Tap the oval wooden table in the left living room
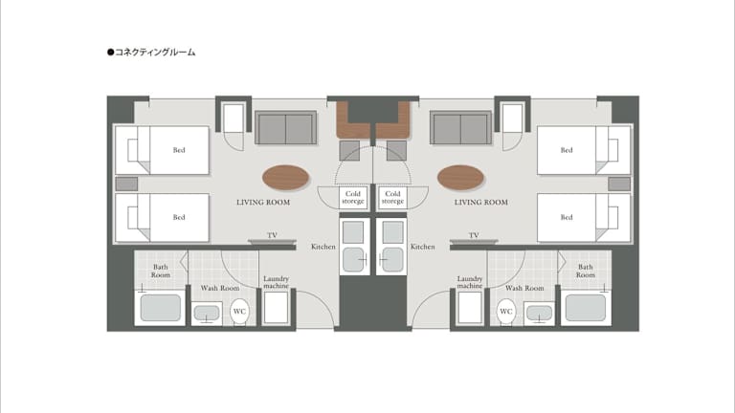pos(285,178)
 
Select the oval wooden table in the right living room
pos(460,178)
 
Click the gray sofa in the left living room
pos(285,127)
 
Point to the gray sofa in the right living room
pos(460,127)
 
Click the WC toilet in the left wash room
pos(239,312)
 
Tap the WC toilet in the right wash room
pos(505,312)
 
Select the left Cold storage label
pos(353,197)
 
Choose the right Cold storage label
pos(392,197)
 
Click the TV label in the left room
pos(272,235)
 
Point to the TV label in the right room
pos(474,235)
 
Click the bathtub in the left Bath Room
pos(161,308)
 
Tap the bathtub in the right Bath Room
pos(586,308)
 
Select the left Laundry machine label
pos(276,282)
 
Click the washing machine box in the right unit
pos(470,308)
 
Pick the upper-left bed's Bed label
pos(179,150)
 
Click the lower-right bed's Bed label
pos(567,217)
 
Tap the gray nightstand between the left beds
pos(126,184)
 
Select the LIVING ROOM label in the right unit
pos(481,203)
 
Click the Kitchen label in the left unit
pos(323,247)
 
